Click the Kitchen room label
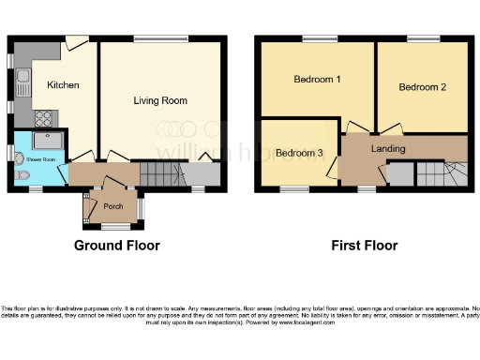(63, 85)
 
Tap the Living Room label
(159, 100)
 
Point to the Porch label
(113, 206)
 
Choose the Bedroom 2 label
(422, 87)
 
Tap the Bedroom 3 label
(299, 153)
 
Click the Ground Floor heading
(117, 246)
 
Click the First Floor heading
(365, 246)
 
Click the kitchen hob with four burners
(43, 118)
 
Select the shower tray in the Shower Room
(49, 141)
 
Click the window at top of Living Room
(161, 38)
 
